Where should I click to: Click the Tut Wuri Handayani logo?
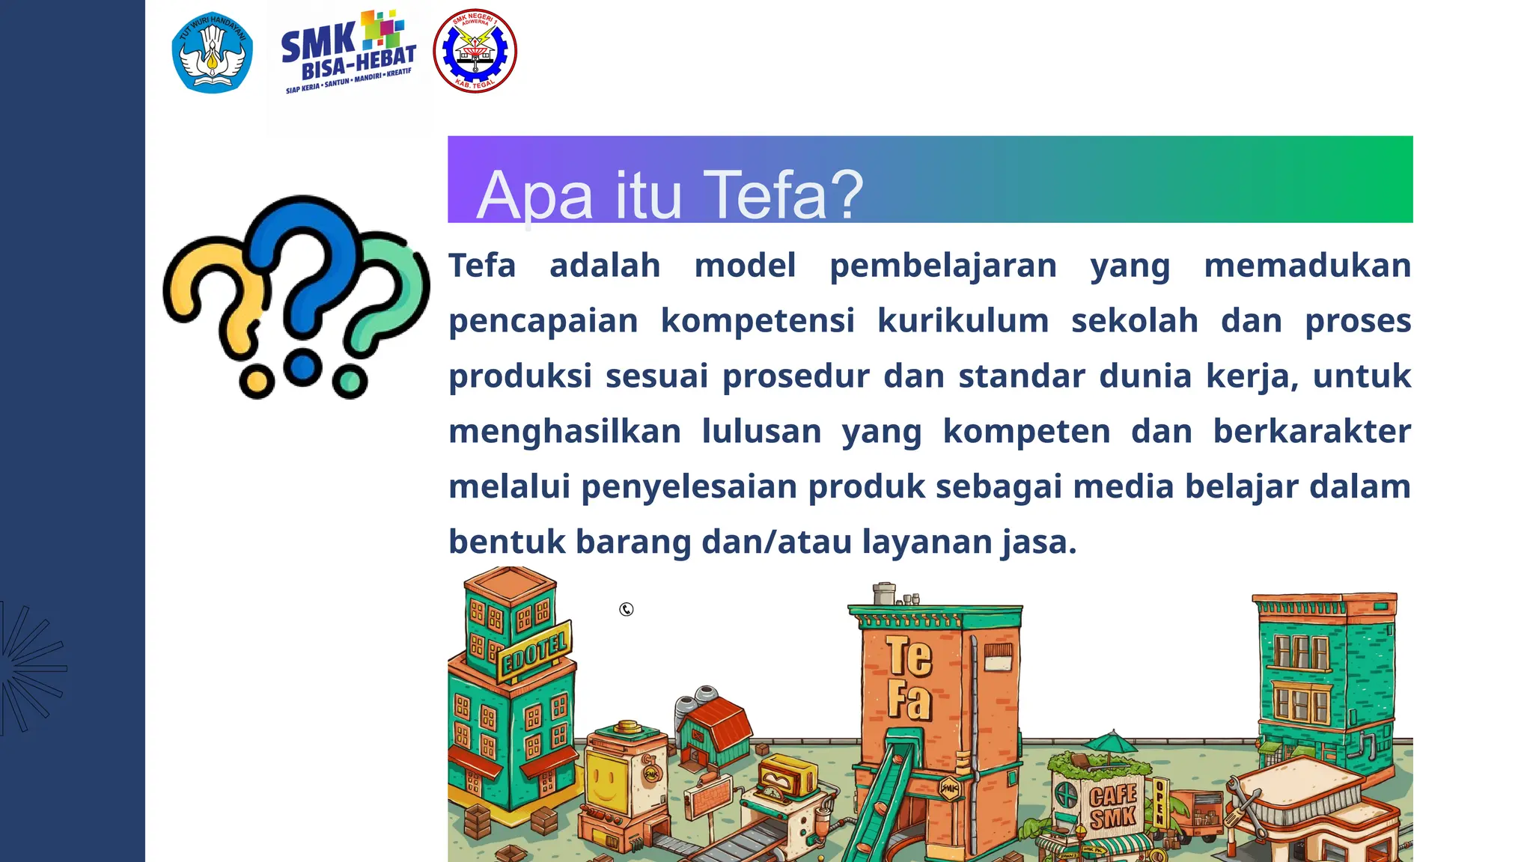pyautogui.click(x=213, y=52)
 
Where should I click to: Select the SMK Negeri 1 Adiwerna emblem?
pyautogui.click(x=475, y=51)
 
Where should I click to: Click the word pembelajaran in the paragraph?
pyautogui.click(x=942, y=266)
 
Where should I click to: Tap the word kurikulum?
pyautogui.click(x=963, y=321)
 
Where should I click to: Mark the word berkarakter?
pyautogui.click(x=1311, y=432)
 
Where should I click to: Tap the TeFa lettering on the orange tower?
pyautogui.click(x=909, y=678)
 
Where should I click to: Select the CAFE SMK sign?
pyautogui.click(x=1112, y=807)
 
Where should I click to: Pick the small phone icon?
pyautogui.click(x=627, y=610)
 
